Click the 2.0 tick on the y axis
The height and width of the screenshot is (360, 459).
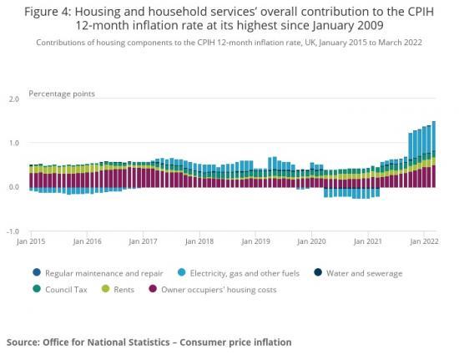pos(13,99)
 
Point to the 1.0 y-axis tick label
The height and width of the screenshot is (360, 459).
pos(13,143)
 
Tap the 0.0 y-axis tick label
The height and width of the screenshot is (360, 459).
pos(13,187)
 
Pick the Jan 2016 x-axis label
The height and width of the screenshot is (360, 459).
pos(88,241)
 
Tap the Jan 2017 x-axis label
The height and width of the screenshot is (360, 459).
pos(144,241)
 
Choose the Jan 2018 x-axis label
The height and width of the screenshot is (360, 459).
pos(199,241)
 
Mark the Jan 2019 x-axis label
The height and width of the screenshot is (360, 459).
pos(255,241)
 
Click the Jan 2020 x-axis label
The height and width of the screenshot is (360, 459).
pos(310,241)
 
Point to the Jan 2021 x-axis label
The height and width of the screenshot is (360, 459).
pos(366,241)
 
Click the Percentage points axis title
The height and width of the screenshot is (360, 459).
pos(62,93)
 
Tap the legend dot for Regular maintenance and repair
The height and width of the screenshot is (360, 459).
pos(36,273)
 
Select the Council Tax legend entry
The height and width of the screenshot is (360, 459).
pos(66,289)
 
